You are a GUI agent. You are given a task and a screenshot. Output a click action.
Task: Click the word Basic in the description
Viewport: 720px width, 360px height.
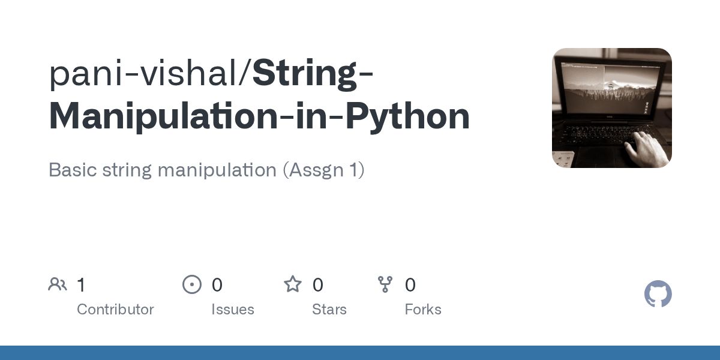pos(70,170)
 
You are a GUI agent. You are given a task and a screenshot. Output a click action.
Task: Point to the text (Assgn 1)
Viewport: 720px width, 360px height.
pos(324,170)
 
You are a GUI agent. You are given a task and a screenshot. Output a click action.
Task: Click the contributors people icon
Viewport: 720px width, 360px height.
pos(58,284)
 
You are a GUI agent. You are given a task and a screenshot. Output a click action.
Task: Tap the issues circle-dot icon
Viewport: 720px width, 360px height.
pos(192,284)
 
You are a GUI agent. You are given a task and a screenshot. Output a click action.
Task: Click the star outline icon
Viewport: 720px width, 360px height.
pos(293,284)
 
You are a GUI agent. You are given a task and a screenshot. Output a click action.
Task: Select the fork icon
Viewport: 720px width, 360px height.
pos(385,284)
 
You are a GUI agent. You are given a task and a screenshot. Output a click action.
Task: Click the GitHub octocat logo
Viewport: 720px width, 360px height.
pos(658,295)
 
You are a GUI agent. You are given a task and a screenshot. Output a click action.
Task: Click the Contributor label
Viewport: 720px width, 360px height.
pos(115,310)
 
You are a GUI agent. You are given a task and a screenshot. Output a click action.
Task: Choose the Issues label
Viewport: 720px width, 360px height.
pos(232,310)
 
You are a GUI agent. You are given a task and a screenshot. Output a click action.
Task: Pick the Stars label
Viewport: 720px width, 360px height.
pos(329,310)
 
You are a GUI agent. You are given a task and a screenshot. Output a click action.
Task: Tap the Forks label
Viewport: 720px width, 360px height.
pos(422,310)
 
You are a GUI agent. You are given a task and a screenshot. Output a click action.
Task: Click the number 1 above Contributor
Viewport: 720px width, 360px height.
pos(81,284)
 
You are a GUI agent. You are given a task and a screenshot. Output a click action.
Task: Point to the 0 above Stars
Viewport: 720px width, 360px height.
pos(318,284)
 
